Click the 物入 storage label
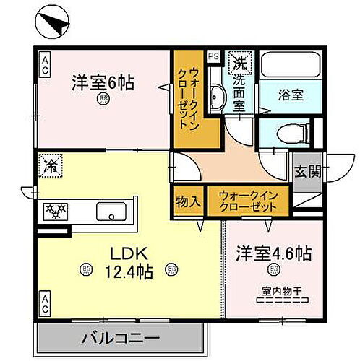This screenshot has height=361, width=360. (x=187, y=202)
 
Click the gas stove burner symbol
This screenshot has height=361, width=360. (x=55, y=212)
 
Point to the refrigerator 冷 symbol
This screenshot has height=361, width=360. (x=51, y=165)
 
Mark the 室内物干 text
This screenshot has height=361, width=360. (x=274, y=292)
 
